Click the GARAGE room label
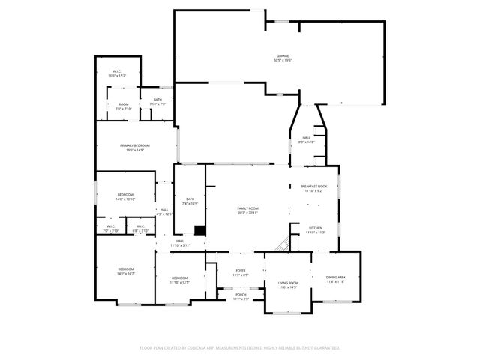coord(283,56)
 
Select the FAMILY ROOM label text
coord(248,208)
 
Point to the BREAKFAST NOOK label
coord(313,186)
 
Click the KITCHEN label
coord(315,228)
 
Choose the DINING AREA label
coord(335,277)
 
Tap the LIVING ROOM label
coord(288,283)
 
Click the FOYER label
coord(241,271)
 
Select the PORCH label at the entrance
coord(241,295)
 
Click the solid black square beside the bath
coord(199,230)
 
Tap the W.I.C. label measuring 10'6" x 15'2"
coord(117,71)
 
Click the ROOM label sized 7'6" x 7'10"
coord(123,104)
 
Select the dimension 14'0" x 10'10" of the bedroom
coord(125,199)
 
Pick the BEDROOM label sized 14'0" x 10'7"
coord(125,269)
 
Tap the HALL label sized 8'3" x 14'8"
coord(307,138)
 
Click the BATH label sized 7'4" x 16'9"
coord(190,199)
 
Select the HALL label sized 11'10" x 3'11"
coord(180,241)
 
